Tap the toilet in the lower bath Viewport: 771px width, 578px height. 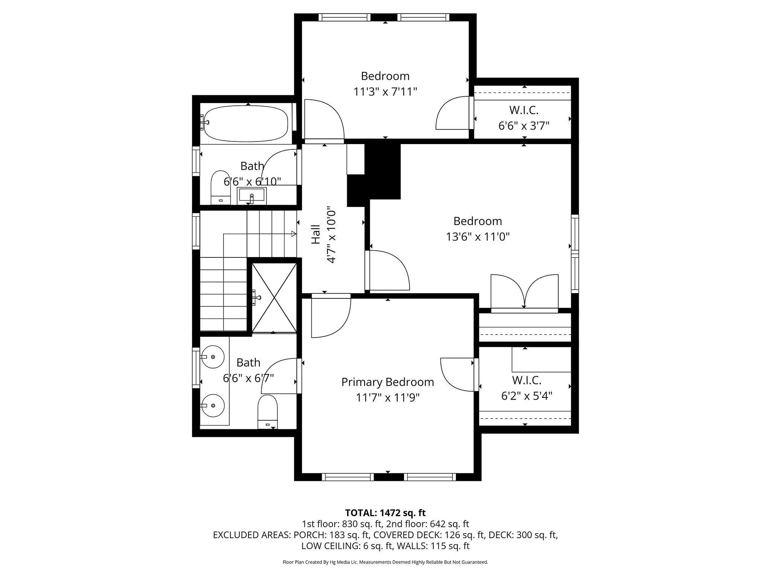(267, 411)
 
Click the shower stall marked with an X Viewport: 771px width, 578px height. (274, 298)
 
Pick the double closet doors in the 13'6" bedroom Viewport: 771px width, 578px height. (524, 292)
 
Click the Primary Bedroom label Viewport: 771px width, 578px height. (387, 382)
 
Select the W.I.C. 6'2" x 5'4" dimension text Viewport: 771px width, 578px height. (527, 395)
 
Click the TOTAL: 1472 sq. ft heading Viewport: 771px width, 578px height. (385, 513)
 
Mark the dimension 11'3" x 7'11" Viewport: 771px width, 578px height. (385, 91)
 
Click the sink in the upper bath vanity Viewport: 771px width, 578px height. (251, 196)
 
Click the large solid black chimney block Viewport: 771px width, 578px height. (382, 172)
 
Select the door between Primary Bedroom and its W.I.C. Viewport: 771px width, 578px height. (457, 375)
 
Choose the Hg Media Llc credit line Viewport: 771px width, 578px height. (385, 562)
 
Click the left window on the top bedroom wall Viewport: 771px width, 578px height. (344, 17)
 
